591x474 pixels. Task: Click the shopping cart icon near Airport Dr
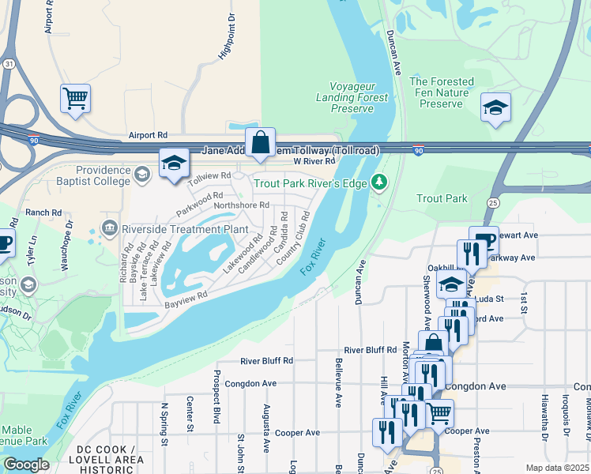(x=75, y=100)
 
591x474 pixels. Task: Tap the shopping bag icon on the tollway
(x=260, y=143)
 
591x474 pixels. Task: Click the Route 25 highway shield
(x=494, y=203)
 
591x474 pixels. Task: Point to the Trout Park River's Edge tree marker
(x=380, y=183)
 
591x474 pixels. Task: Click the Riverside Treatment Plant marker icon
(x=109, y=229)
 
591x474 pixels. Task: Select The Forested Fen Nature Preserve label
(x=442, y=92)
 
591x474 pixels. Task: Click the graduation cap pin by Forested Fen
(x=495, y=108)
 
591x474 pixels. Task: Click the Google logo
(x=26, y=465)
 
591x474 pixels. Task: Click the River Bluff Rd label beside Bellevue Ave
(x=371, y=350)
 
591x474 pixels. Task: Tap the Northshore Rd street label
(x=242, y=205)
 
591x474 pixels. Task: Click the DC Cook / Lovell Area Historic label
(x=111, y=459)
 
